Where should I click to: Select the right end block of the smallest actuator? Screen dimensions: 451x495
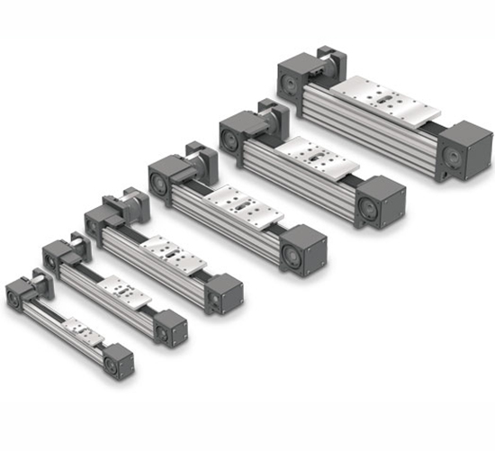point(119,362)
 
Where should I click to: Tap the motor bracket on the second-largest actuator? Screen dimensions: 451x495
point(271,116)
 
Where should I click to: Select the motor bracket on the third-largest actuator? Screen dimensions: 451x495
point(198,154)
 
